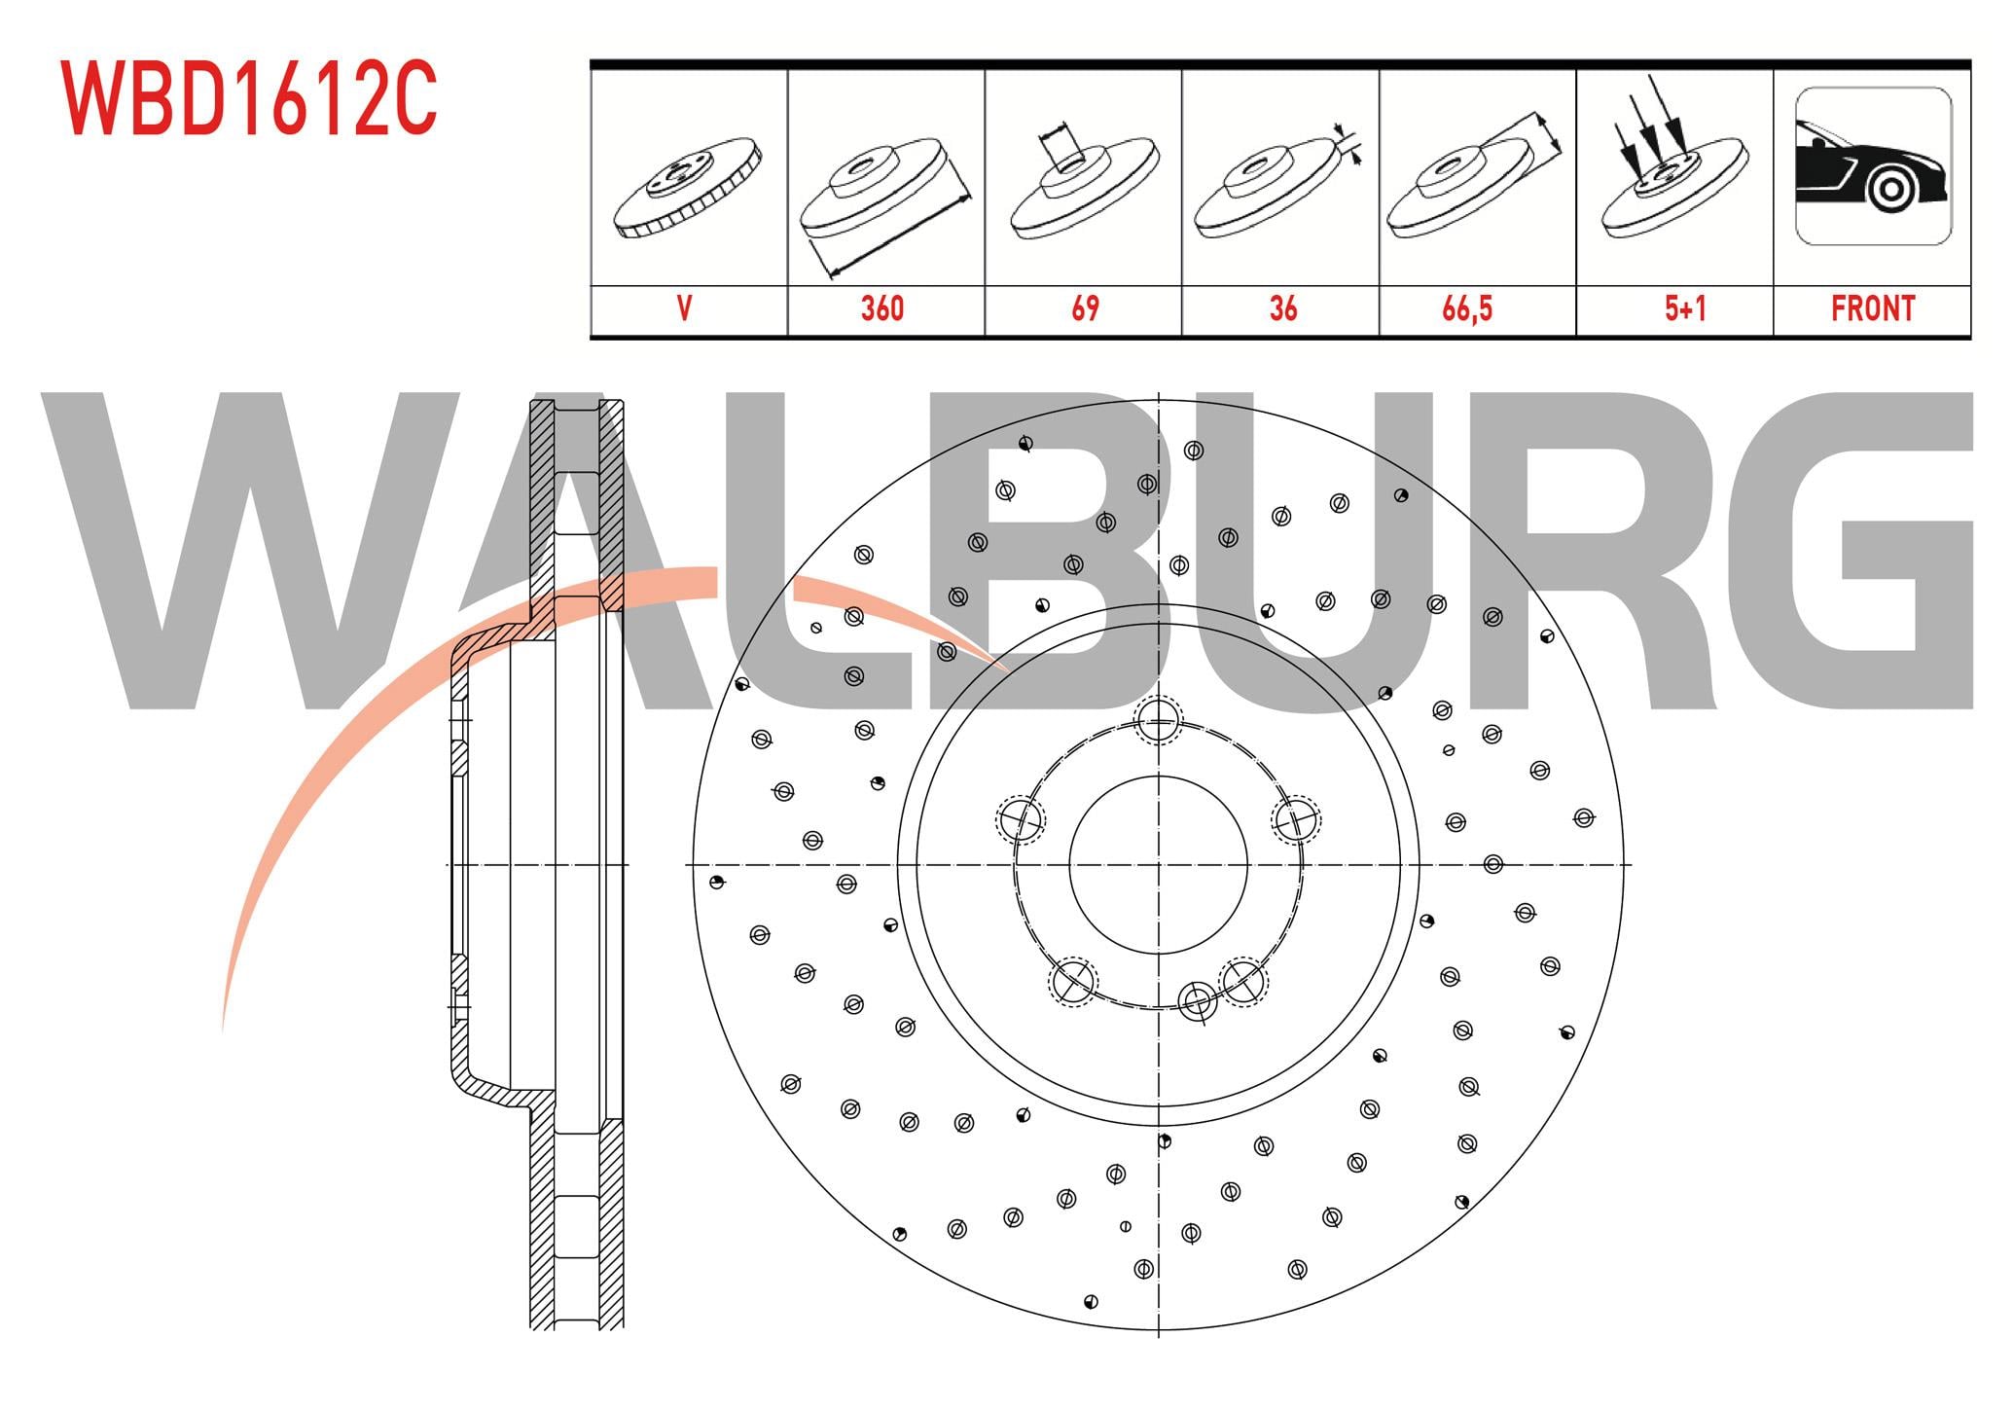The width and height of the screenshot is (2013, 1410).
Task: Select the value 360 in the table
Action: click(882, 308)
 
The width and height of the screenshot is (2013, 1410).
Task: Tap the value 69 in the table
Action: click(1085, 308)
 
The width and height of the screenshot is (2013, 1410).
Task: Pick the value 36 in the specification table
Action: click(1283, 308)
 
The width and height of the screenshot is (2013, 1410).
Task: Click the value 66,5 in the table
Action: click(1467, 309)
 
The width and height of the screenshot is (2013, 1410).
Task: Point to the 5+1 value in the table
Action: click(1685, 308)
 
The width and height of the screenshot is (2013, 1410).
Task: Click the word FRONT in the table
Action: click(1873, 308)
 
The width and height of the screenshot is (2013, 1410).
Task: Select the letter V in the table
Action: click(685, 308)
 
